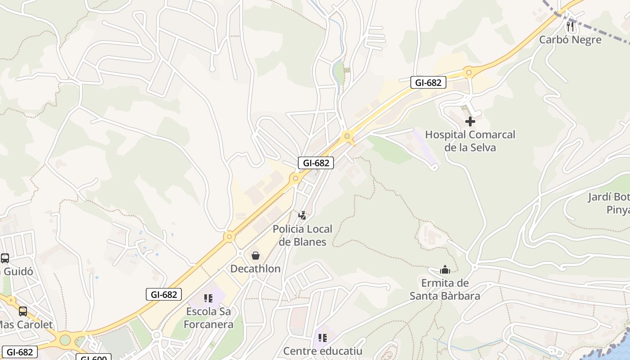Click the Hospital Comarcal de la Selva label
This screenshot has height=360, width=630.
pos(470,141)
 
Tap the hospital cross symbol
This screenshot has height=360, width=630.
pos(470,121)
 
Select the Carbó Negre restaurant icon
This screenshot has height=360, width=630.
pos(570,27)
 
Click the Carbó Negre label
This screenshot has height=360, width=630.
pos(570,40)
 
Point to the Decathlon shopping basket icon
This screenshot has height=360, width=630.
pos(256,256)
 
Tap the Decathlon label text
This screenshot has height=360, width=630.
pos(255,269)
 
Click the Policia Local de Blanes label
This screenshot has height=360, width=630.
pos(302,235)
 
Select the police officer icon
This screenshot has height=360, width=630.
pos(302,216)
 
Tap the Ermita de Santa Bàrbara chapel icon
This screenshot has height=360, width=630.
pos(445,270)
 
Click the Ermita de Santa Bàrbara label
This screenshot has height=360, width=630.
pos(445,289)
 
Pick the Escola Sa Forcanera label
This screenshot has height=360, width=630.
pos(208,318)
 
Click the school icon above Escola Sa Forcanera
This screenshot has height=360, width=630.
pos(208,298)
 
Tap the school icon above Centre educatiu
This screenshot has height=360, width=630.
pos(322,337)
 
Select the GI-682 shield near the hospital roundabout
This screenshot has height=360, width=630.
pos(428,82)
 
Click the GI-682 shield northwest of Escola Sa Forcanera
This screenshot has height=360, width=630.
pos(164,294)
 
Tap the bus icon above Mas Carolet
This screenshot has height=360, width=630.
pos(22,311)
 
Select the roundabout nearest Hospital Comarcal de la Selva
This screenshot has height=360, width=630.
pos(469,72)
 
